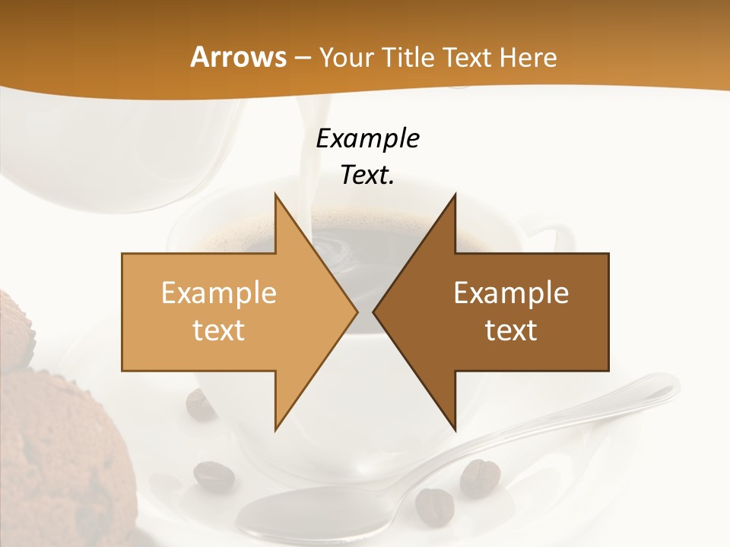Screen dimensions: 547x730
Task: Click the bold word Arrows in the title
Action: tap(238, 57)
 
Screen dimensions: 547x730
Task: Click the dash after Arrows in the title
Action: tap(301, 58)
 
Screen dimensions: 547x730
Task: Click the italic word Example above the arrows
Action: tap(367, 139)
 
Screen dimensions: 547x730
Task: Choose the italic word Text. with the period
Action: tap(367, 175)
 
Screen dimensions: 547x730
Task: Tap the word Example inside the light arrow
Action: tap(219, 293)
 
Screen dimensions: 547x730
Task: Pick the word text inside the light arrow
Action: tap(219, 330)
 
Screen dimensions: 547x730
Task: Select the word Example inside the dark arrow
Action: tap(511, 293)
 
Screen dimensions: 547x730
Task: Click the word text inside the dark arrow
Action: tap(511, 330)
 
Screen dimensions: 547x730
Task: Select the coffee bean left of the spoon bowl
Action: tap(214, 476)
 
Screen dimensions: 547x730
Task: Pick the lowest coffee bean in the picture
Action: tap(433, 504)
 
